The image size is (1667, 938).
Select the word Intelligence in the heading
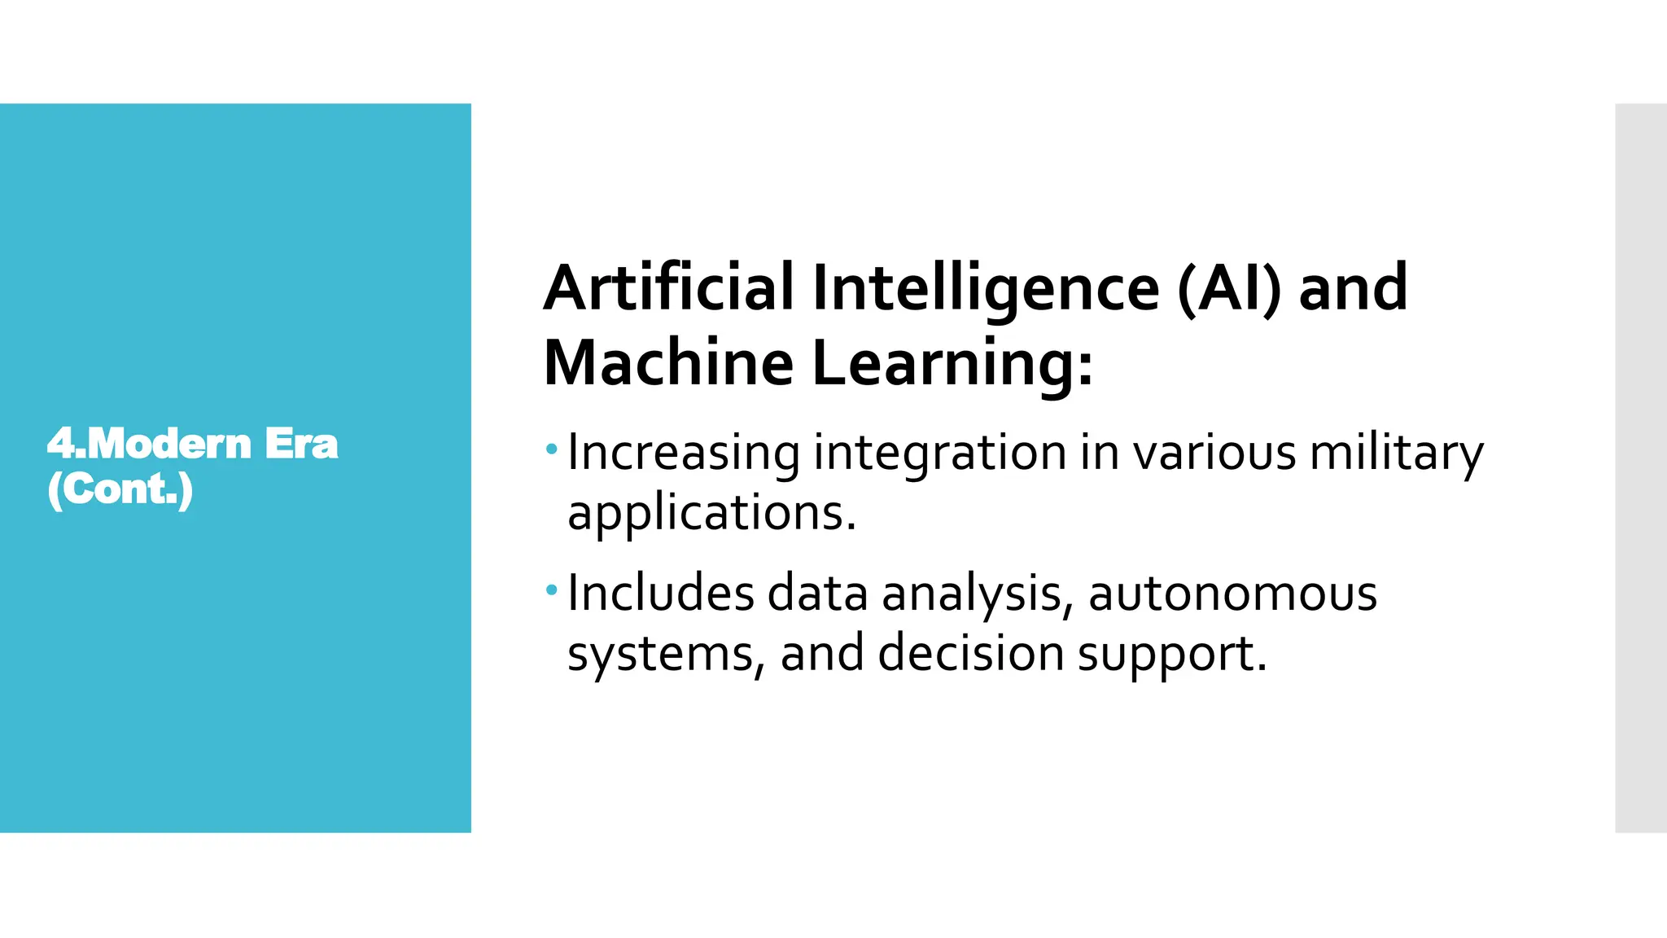(985, 289)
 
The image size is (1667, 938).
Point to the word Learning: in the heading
(952, 364)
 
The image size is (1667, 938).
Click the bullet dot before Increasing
(552, 449)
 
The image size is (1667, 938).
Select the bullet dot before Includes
(552, 589)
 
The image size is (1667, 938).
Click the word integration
(939, 453)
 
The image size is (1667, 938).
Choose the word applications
(711, 513)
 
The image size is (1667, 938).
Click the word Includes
(661, 592)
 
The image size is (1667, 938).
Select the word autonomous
(1232, 594)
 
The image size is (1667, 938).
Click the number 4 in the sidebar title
(60, 445)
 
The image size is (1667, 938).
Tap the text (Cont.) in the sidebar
(120, 489)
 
